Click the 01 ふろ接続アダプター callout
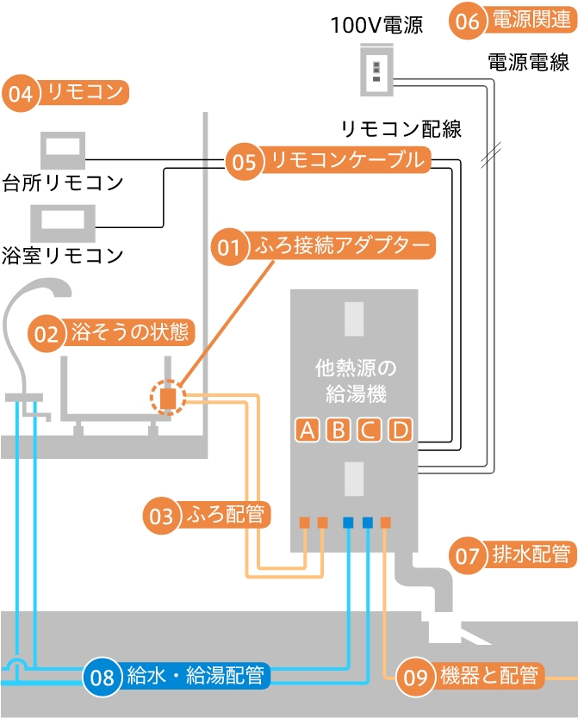tap(324, 247)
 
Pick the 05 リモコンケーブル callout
tap(327, 161)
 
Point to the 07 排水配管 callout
tap(512, 555)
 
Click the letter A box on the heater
tap(307, 429)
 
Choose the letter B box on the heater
tap(338, 429)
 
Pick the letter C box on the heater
tap(369, 429)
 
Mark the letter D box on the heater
tap(399, 429)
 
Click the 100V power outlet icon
tap(376, 70)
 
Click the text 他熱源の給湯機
tap(355, 382)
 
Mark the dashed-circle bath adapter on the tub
tap(169, 397)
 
